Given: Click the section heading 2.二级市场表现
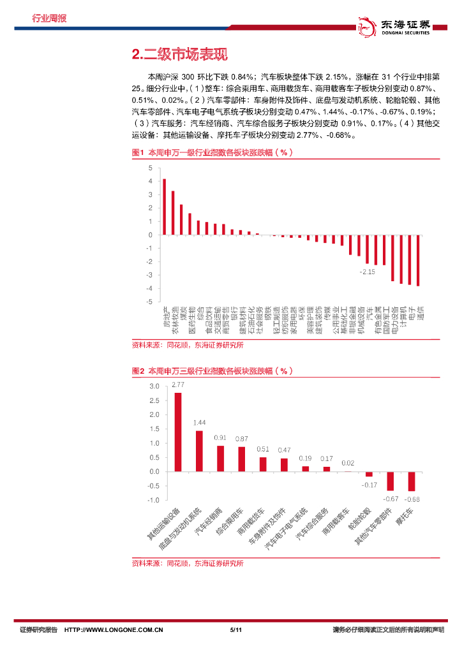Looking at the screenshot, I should click(x=179, y=54).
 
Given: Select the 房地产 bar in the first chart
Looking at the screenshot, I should click(x=164, y=207).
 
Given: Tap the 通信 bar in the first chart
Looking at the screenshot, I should click(x=418, y=260).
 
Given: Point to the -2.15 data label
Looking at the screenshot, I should click(x=367, y=272).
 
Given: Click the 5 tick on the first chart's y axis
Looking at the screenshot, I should click(x=150, y=168).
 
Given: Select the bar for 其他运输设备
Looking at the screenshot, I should click(x=177, y=432).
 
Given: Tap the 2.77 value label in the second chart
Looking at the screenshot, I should click(x=177, y=385).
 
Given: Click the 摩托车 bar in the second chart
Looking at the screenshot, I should click(x=412, y=481).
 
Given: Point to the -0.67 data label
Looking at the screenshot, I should click(x=391, y=498).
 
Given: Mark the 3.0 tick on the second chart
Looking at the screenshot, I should click(x=154, y=386).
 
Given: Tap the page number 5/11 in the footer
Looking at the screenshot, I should click(x=234, y=630).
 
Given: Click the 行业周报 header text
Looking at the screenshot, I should click(x=49, y=18).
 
